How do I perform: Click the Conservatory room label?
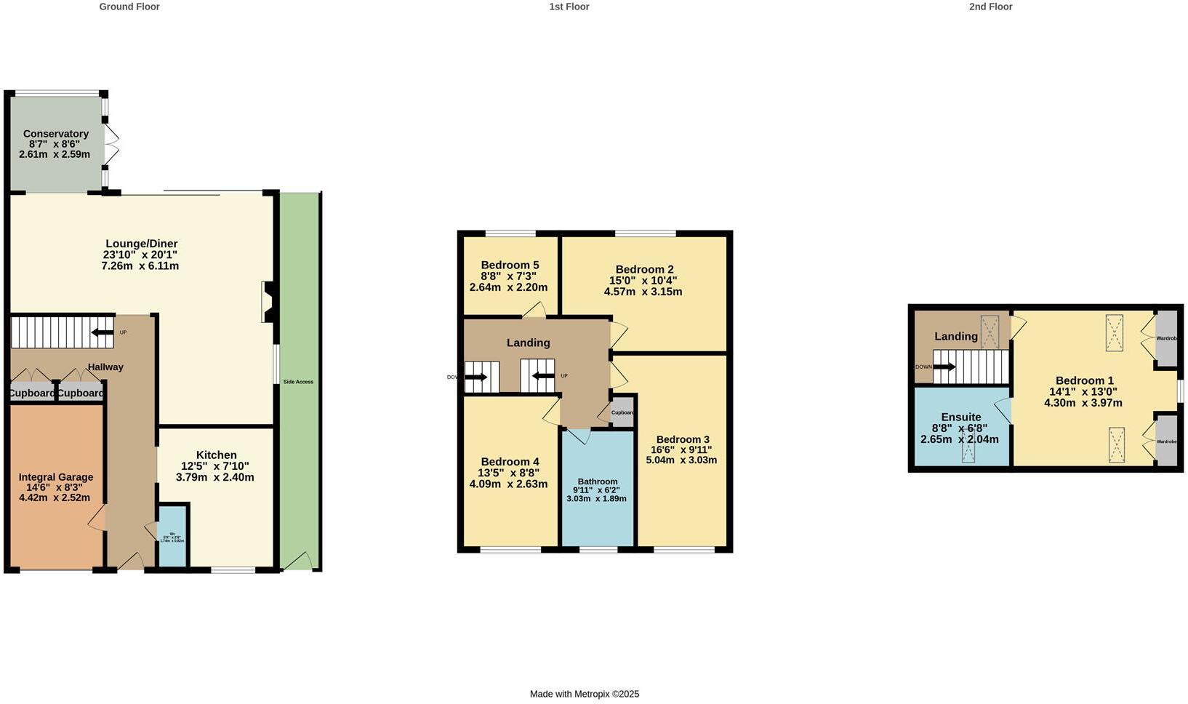56,134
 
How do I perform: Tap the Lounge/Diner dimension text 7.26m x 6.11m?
140,266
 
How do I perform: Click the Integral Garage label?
56,477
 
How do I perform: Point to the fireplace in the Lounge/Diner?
267,302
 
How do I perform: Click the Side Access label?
298,382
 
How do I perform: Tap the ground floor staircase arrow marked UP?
103,333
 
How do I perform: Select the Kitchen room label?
216,455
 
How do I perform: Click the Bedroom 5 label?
510,265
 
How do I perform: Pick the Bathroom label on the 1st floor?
598,481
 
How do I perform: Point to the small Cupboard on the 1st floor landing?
622,412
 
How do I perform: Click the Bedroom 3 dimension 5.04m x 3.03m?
681,460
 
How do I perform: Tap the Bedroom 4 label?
510,462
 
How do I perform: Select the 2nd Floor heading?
990,7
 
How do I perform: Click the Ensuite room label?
960,417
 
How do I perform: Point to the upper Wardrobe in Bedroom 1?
1166,338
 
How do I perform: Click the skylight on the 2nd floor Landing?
990,332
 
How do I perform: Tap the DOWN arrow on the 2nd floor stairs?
944,367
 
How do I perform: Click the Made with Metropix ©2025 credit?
585,694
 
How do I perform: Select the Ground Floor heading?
129,7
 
